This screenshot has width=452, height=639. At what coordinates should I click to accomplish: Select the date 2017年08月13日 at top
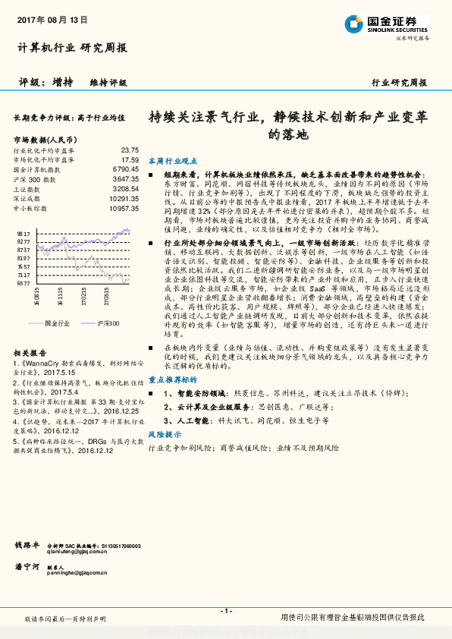tap(47, 18)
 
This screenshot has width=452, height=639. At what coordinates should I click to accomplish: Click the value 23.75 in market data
tap(129, 150)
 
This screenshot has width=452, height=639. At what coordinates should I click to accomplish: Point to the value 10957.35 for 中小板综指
tap(124, 207)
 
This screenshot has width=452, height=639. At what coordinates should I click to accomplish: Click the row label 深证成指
tap(26, 197)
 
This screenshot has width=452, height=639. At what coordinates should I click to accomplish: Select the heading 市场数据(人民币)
tap(44, 140)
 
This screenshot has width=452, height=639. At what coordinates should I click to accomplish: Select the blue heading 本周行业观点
tap(172, 162)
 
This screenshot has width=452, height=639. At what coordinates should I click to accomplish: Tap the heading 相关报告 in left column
tap(31, 354)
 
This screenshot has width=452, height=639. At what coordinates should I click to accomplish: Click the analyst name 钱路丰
tap(27, 545)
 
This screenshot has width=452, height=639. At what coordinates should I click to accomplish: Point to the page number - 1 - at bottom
tap(225, 611)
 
